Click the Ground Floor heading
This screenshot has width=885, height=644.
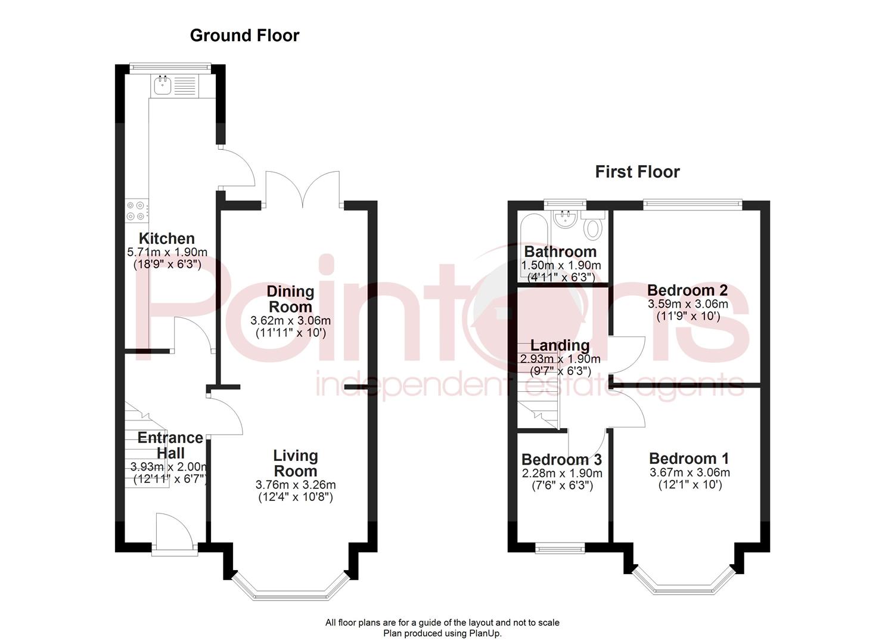[x=244, y=36]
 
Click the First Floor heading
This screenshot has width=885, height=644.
[x=637, y=172]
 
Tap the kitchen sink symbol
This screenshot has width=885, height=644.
[x=162, y=86]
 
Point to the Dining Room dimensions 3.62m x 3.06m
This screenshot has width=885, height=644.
[x=290, y=321]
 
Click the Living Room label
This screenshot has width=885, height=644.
[x=295, y=463]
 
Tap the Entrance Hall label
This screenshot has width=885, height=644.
[x=170, y=445]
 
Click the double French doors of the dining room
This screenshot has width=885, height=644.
[x=303, y=188]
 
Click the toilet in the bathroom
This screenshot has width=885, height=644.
[x=593, y=227]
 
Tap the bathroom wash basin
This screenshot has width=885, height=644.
[x=563, y=219]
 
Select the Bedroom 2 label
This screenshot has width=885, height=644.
[x=687, y=290]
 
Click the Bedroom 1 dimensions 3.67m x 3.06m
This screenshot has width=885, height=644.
[x=690, y=473]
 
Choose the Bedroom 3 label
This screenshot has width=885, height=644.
[x=561, y=460]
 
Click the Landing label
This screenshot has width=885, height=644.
[x=560, y=345]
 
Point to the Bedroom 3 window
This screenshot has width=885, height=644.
[x=560, y=547]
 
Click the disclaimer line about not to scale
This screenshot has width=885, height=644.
[x=442, y=623]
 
